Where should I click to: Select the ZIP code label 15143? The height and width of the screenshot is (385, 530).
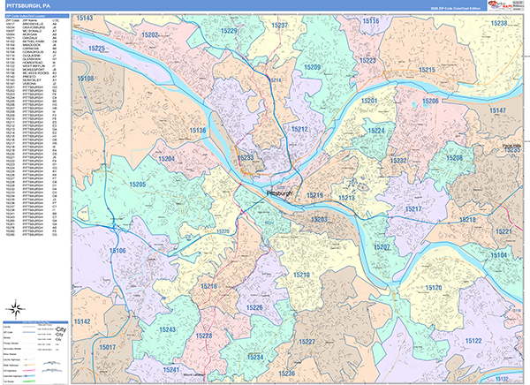point(85,18)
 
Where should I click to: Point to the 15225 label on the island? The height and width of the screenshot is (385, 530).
point(96,49)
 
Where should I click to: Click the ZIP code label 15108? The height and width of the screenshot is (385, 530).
point(86,79)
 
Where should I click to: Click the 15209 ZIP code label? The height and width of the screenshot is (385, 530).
point(312,67)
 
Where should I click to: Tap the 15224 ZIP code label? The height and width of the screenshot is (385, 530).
point(376,131)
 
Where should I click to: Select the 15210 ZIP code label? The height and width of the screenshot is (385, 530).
point(301,276)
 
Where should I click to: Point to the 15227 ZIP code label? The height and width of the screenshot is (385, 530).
point(308,341)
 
